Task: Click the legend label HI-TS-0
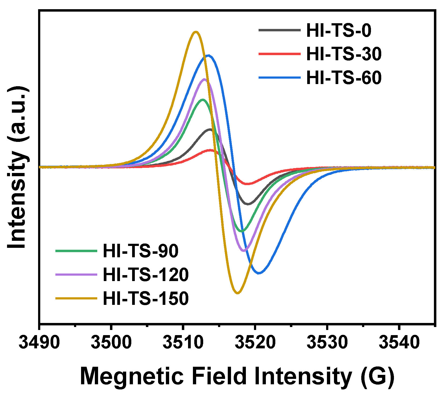[x=339, y=30]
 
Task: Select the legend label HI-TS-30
[x=344, y=54]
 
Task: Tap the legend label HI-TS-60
[x=344, y=78]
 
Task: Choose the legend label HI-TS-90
[x=140, y=251]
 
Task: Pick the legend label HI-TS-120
[x=146, y=275]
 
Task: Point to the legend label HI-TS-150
[x=146, y=298]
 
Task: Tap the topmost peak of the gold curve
[x=196, y=32]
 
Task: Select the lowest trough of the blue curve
[x=259, y=273]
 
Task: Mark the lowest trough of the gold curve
[x=237, y=293]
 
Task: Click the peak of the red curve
[x=210, y=150]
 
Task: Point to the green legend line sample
[x=76, y=251]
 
